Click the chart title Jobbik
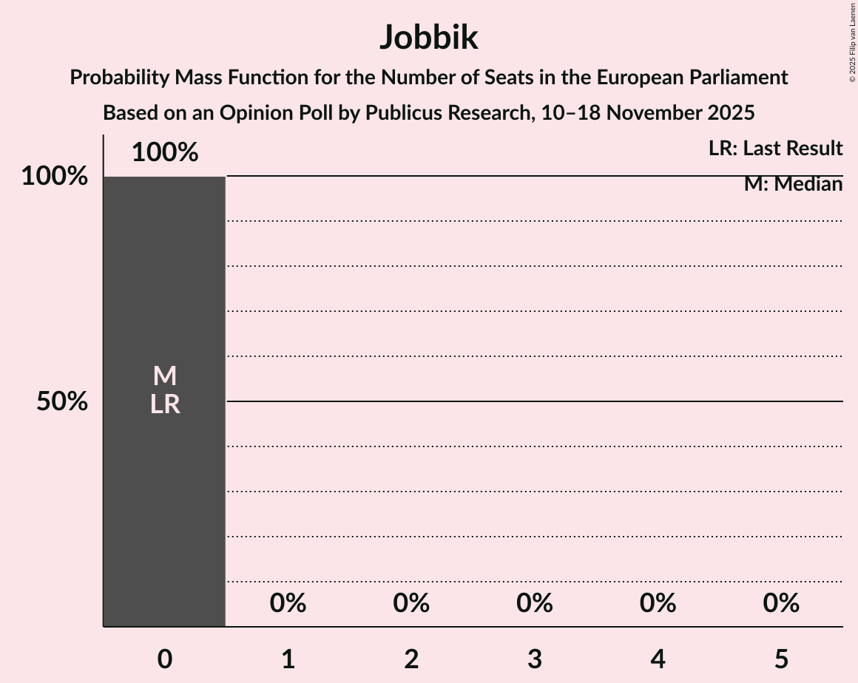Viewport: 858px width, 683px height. coord(429,38)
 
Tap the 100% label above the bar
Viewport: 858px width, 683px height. coord(164,152)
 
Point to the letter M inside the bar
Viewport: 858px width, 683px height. coord(164,376)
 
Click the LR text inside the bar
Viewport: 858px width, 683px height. coord(164,404)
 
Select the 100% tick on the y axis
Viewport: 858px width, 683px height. coord(54,177)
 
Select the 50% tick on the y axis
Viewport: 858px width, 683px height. coord(62,402)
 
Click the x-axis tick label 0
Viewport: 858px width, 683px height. coord(164,659)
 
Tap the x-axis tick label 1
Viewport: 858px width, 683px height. coord(288,659)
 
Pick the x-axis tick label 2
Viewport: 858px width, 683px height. coord(411,659)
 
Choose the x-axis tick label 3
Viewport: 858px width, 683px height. coord(535,659)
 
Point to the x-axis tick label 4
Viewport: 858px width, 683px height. coord(658,659)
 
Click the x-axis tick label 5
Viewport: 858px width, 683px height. coord(781,659)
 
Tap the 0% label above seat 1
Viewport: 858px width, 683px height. coord(288,604)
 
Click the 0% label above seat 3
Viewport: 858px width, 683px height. coord(535,604)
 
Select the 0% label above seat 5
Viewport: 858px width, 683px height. coord(781,604)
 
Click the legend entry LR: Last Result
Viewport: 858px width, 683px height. coord(775,149)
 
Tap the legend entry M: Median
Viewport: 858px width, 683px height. coord(793,184)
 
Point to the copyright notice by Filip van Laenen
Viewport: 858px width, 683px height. coord(852,42)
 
